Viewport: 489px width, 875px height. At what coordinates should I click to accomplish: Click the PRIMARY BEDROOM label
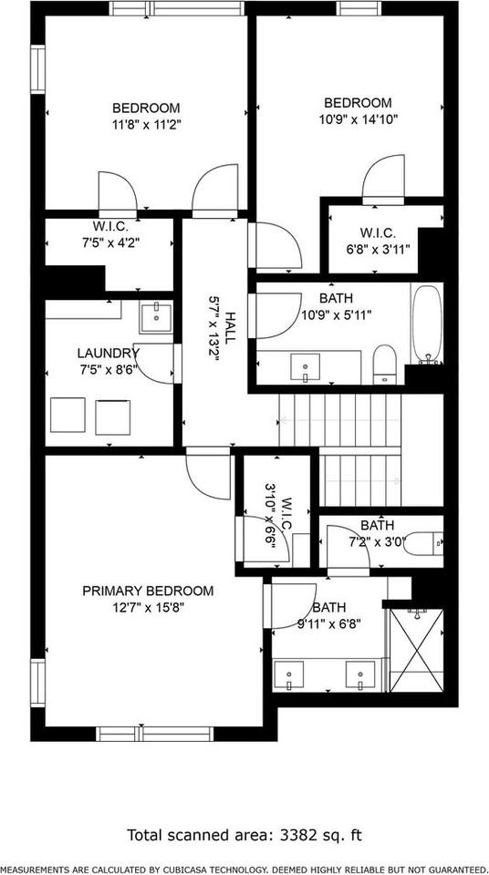pos(148,591)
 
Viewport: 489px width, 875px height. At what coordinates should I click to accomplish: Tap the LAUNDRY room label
pos(108,354)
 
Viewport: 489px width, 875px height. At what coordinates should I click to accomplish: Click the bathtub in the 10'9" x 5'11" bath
pos(426,325)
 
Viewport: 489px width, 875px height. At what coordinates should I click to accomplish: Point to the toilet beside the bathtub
pos(384,364)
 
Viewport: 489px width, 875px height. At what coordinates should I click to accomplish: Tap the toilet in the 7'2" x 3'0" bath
pos(423,545)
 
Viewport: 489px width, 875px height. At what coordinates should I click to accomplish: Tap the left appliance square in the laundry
pos(68,416)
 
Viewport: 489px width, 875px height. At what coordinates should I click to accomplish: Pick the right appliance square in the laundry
pos(113,416)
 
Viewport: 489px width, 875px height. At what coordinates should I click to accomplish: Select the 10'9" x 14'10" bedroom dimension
pos(359,118)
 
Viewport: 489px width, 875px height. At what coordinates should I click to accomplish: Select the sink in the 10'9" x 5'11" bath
pos(305,367)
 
